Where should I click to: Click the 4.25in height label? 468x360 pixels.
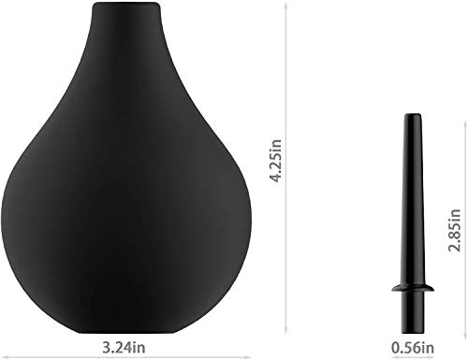click(x=276, y=160)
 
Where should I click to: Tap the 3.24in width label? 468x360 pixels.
click(x=124, y=348)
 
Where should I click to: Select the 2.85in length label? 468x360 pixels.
click(x=454, y=230)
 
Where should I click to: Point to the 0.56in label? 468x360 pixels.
click(x=413, y=348)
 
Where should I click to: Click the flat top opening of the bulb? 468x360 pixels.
click(x=125, y=4)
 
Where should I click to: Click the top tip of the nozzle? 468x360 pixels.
click(x=413, y=115)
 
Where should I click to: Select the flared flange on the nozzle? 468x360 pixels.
click(x=413, y=288)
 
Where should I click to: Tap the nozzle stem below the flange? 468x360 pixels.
click(x=413, y=312)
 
